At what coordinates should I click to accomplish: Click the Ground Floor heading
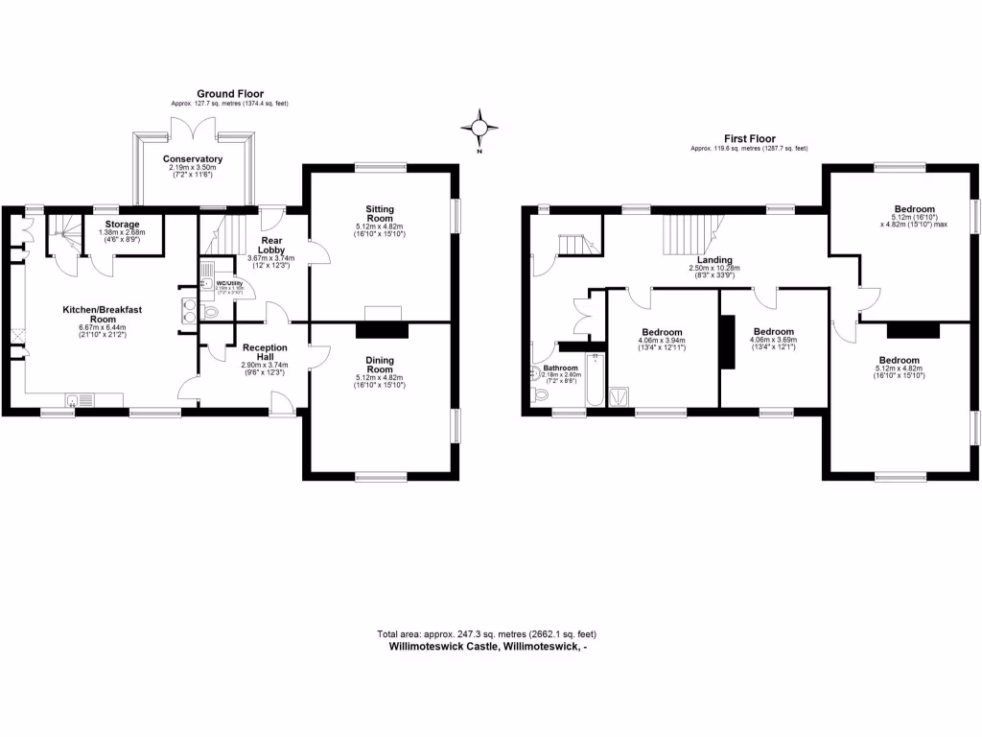pos(229,93)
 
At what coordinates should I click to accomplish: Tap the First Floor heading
pos(749,139)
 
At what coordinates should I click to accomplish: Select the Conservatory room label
pos(193,158)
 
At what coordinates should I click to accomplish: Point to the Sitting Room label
pos(380,213)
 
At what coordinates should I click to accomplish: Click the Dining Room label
pos(380,364)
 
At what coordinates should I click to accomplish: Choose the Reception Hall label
pos(265,352)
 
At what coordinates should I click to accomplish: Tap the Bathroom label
pos(561,368)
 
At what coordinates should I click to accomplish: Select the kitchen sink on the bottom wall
pos(81,400)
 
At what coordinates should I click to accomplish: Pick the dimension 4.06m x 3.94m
pos(662,345)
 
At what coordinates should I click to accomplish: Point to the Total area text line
pos(493,633)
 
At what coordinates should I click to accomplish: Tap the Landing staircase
pos(689,231)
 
